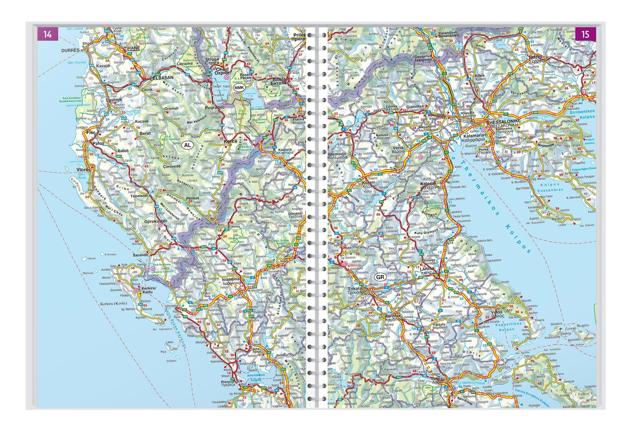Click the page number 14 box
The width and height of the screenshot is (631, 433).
[48, 34]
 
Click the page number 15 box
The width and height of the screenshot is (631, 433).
[585, 34]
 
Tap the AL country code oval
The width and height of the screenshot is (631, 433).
[188, 145]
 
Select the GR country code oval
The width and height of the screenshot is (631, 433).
[380, 277]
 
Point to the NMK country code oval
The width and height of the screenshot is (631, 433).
[239, 87]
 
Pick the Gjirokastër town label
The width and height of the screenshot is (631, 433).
[156, 221]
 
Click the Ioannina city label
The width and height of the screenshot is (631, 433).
[231, 279]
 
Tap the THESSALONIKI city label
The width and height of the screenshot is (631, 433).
[503, 120]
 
